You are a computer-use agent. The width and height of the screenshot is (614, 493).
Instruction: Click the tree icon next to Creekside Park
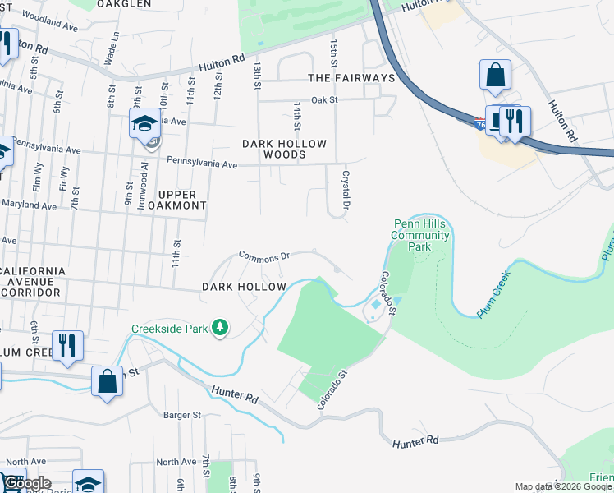point(219,329)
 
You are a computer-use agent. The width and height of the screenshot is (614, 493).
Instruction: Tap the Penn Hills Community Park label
point(421,235)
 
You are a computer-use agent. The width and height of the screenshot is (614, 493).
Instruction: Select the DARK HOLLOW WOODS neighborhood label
point(284,149)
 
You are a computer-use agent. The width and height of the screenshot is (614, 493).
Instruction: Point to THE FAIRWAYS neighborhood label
point(351,78)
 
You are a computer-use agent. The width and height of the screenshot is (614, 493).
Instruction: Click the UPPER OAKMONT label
point(170,199)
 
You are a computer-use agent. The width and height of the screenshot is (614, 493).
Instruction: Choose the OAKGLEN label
point(124,4)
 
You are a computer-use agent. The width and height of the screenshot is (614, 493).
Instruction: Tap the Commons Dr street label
point(264,256)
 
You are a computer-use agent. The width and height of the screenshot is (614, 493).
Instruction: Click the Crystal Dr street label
point(346,188)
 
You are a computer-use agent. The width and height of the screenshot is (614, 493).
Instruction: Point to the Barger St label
point(182,416)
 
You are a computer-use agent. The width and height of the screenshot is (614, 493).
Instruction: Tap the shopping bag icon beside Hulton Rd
point(495,76)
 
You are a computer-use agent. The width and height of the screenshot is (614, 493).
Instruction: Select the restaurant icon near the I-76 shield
point(515,121)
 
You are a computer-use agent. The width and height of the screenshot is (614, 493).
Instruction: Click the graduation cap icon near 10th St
point(144,124)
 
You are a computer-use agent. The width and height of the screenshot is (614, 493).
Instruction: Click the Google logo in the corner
point(26,483)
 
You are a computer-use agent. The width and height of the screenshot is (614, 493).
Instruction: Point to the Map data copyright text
point(563,486)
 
